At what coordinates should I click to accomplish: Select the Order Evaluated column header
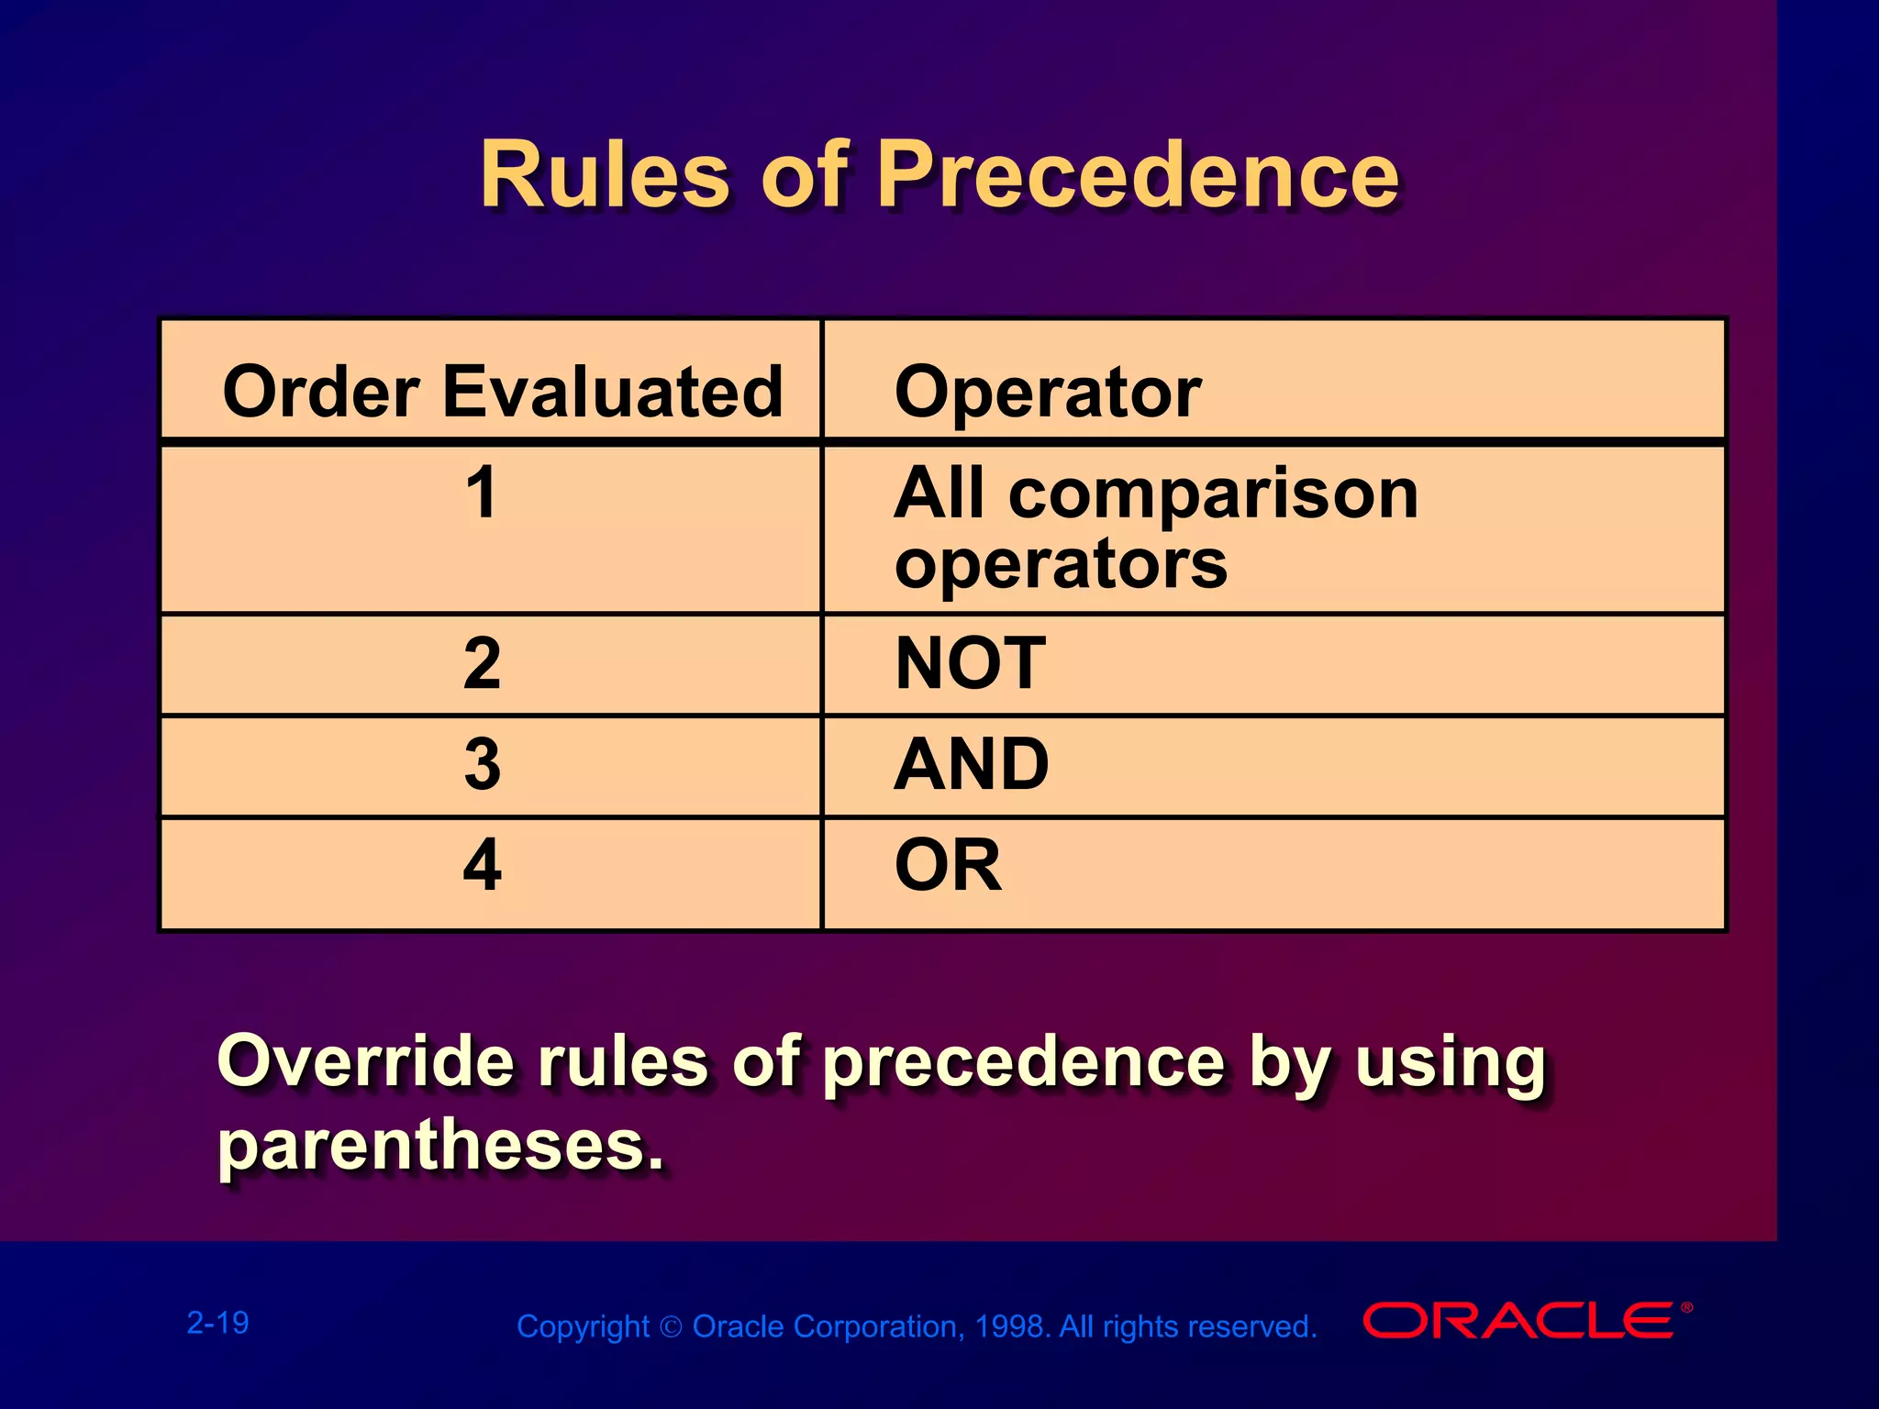coord(503,392)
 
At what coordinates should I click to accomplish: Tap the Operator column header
coord(1047,392)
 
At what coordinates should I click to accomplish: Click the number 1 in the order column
coord(482,494)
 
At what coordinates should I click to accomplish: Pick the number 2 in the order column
coord(482,663)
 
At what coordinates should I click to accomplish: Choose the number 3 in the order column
coord(482,764)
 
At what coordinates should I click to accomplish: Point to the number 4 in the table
coord(482,865)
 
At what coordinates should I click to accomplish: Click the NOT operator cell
coord(970,663)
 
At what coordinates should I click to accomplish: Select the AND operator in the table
coord(972,764)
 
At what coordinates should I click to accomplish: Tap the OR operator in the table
coord(948,865)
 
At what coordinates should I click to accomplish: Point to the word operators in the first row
coord(1061,565)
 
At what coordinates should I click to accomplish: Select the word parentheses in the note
coord(439,1147)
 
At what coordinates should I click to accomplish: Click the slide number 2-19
coord(217,1323)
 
